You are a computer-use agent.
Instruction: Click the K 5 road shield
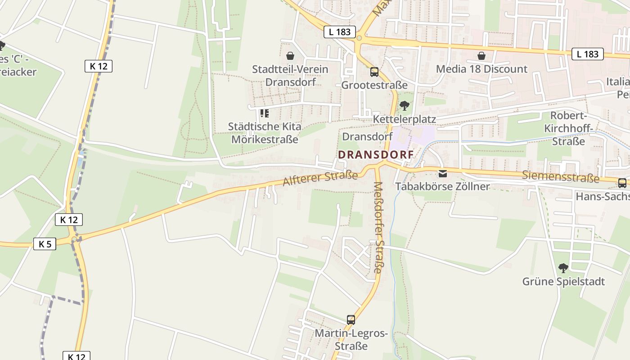[45, 244]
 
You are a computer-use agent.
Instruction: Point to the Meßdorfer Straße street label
[378, 227]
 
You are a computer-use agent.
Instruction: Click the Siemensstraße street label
[561, 176]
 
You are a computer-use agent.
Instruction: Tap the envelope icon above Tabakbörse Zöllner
[443, 174]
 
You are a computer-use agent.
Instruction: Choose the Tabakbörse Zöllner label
[442, 186]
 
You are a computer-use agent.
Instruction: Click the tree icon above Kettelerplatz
[405, 106]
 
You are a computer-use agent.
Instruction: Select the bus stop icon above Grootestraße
[374, 72]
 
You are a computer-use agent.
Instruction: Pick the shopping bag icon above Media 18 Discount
[481, 56]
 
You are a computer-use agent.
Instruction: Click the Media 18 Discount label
[481, 69]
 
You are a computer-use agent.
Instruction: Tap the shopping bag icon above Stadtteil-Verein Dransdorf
[290, 56]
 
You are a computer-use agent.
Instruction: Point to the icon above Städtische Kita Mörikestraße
[265, 113]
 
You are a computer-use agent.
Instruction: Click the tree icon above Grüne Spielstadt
[563, 269]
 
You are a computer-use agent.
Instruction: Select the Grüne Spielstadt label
[563, 282]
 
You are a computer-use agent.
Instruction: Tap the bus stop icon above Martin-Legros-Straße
[351, 320]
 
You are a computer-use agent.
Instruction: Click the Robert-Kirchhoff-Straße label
[568, 128]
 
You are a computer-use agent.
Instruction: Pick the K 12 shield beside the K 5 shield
[69, 220]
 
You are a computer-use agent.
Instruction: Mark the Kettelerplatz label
[405, 119]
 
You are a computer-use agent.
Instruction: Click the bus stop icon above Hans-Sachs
[622, 183]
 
